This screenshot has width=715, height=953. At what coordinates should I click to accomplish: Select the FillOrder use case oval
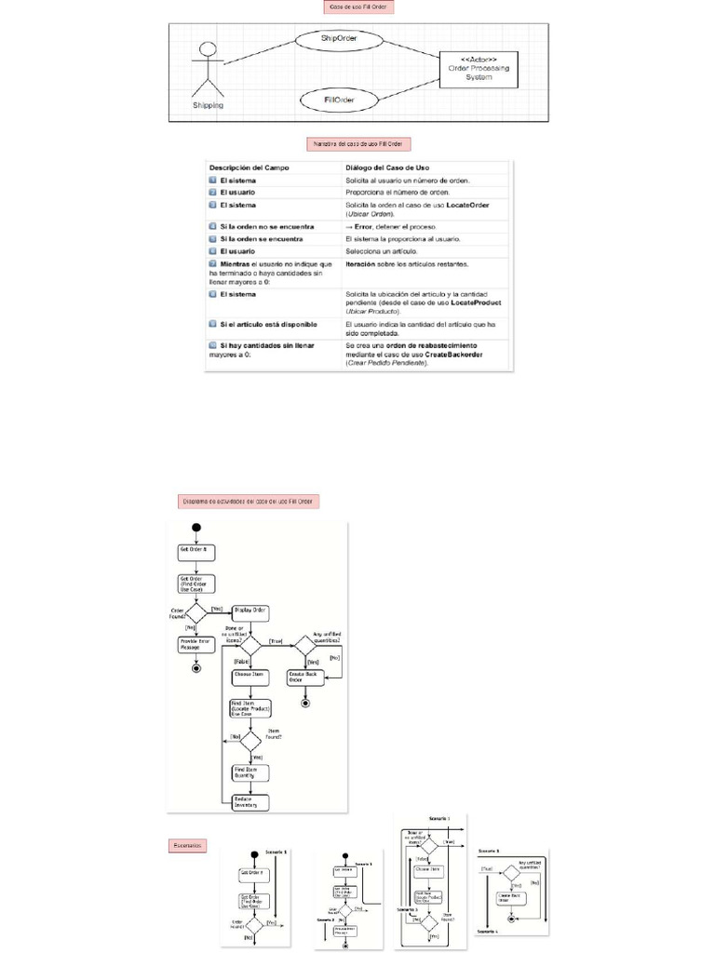(x=338, y=100)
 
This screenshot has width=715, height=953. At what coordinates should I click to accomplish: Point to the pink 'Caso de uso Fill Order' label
(x=357, y=7)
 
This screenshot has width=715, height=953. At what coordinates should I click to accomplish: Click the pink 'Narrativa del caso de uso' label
(x=358, y=144)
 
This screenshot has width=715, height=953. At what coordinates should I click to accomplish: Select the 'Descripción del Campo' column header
(x=249, y=167)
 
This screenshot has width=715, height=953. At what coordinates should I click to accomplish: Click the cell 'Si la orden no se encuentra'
(x=266, y=226)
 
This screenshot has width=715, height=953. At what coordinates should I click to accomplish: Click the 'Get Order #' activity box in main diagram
(x=196, y=549)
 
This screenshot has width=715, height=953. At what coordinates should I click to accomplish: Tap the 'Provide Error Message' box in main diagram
(x=196, y=644)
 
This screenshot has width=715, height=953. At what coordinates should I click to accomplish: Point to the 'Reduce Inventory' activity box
(x=250, y=802)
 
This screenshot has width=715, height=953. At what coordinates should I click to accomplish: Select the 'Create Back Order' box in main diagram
(x=305, y=677)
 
